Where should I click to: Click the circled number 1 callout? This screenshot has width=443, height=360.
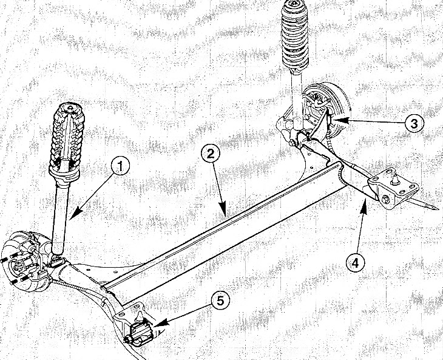[120, 166]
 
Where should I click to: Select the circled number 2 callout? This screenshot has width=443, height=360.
[211, 154]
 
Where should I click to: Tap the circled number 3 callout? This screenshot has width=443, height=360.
[414, 123]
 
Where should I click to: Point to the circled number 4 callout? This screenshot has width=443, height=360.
[356, 262]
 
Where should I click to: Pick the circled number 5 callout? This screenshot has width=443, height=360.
[220, 300]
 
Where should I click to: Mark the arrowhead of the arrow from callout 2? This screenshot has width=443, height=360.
[223, 212]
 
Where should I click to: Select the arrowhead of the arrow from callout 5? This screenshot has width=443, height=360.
[157, 324]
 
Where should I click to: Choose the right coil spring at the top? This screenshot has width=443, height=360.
[295, 35]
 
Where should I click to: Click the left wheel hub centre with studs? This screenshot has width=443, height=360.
[19, 266]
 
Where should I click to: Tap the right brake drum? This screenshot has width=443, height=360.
[333, 110]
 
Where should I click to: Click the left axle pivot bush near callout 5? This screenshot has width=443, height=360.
[140, 333]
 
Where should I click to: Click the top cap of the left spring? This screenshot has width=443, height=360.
[70, 108]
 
